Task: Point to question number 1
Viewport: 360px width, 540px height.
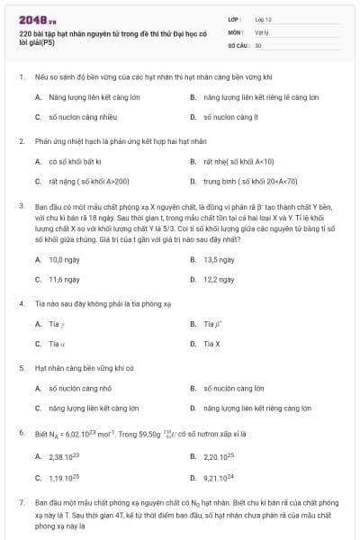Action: pos(21,77)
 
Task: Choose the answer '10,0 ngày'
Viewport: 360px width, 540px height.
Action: pos(66,259)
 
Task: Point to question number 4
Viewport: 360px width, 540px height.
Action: pos(21,304)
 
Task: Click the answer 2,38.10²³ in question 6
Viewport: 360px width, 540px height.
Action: pos(62,458)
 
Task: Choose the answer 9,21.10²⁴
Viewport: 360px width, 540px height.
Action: pos(219,477)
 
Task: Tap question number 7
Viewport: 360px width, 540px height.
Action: pos(21,500)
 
